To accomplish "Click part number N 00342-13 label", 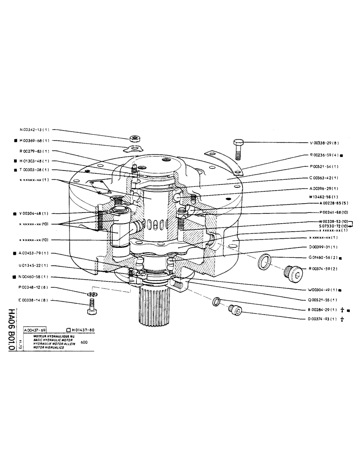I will pyautogui.click(x=35, y=130).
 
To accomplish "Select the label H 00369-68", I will pyautogui.click(x=35, y=140).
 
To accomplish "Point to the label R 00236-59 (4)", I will pyautogui.click(x=326, y=155).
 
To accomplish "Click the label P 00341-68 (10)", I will pyautogui.click(x=328, y=212).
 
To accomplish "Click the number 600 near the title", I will pyautogui.click(x=83, y=343).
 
